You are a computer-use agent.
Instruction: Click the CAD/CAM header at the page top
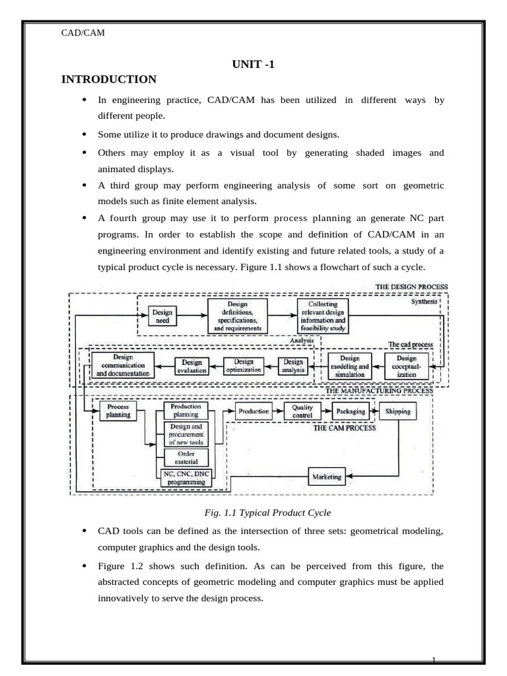tap(83, 34)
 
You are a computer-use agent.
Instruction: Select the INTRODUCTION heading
tap(109, 80)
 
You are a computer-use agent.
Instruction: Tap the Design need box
tap(162, 316)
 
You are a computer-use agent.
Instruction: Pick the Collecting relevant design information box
tap(321, 316)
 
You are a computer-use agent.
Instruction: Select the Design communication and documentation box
tap(123, 365)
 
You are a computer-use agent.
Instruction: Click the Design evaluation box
tap(191, 366)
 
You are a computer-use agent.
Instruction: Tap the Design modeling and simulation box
tap(349, 365)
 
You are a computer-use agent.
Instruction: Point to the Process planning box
tap(118, 411)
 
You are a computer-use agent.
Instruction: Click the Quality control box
tap(302, 411)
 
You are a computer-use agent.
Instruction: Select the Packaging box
tap(350, 411)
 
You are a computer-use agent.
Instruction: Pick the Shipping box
tap(398, 411)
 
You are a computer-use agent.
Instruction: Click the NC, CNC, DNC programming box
tap(186, 477)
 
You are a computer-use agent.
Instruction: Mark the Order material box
tap(186, 457)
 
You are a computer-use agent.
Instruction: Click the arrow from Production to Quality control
tap(278, 411)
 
